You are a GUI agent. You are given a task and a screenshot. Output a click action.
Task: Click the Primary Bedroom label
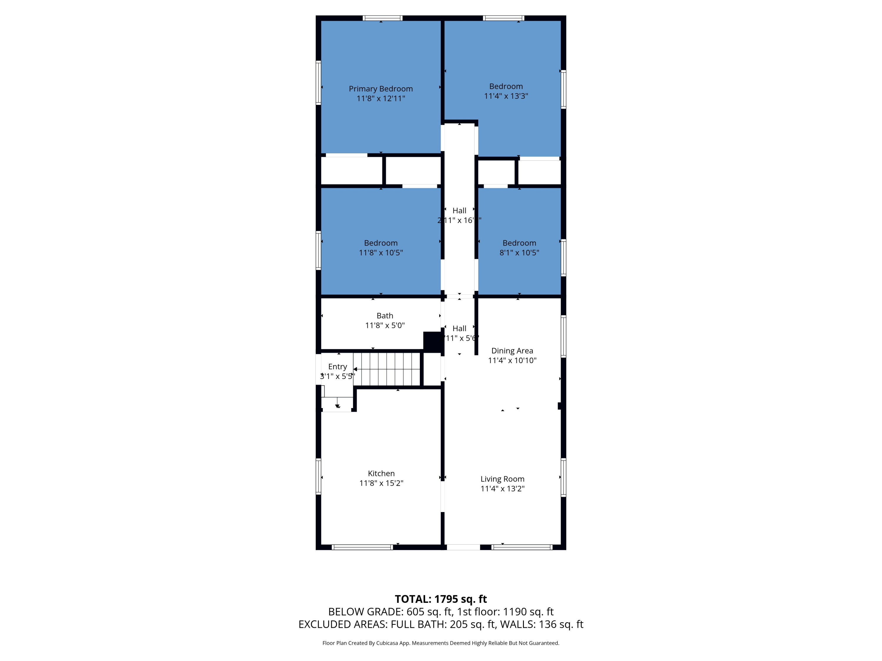click(x=380, y=89)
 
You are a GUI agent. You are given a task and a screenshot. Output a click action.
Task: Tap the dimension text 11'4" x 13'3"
click(x=506, y=96)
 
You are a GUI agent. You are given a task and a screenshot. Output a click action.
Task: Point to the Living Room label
click(x=502, y=479)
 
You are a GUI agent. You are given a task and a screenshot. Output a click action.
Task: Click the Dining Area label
click(x=512, y=350)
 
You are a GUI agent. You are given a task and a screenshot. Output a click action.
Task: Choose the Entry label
click(x=337, y=367)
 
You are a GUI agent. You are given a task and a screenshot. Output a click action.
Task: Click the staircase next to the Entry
click(x=387, y=369)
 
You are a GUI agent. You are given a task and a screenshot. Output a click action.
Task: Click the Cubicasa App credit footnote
click(x=441, y=643)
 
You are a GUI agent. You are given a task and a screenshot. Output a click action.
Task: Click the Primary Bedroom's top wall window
click(x=382, y=18)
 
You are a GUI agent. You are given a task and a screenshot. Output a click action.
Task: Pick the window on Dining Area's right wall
click(x=563, y=336)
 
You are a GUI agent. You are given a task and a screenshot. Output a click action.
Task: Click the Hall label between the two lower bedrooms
click(x=459, y=210)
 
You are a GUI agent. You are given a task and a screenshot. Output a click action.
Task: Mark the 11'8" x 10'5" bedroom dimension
click(x=380, y=253)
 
